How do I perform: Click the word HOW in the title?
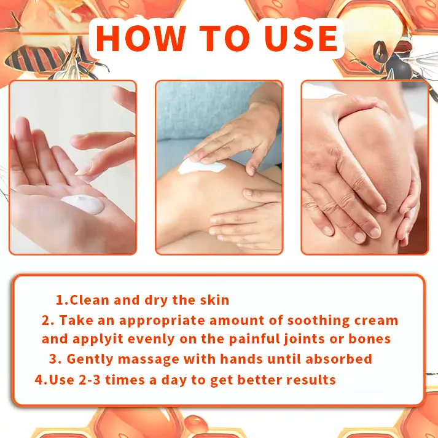coord(141,38)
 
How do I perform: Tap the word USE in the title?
coord(302,39)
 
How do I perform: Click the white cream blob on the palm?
coord(83,204)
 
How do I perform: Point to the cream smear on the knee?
coord(201,166)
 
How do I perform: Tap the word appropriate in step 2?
coord(162,321)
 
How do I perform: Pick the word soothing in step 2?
coord(318,321)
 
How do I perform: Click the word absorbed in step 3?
coord(338,359)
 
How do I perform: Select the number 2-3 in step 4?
coord(90,380)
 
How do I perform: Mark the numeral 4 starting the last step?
coord(39,380)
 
